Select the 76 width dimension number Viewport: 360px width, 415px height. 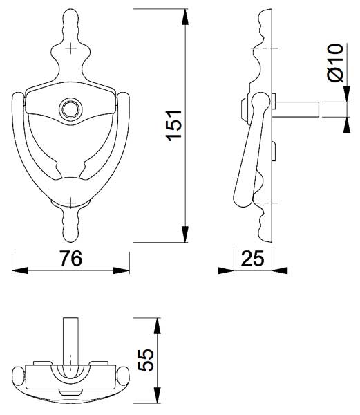tap(70, 259)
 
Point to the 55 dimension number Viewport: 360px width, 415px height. tap(146, 360)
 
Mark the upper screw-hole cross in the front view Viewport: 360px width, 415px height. tap(71, 48)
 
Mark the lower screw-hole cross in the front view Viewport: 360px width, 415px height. tap(71, 203)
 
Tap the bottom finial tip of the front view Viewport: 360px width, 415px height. tap(71, 241)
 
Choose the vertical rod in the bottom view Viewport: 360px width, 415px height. tap(70, 342)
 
